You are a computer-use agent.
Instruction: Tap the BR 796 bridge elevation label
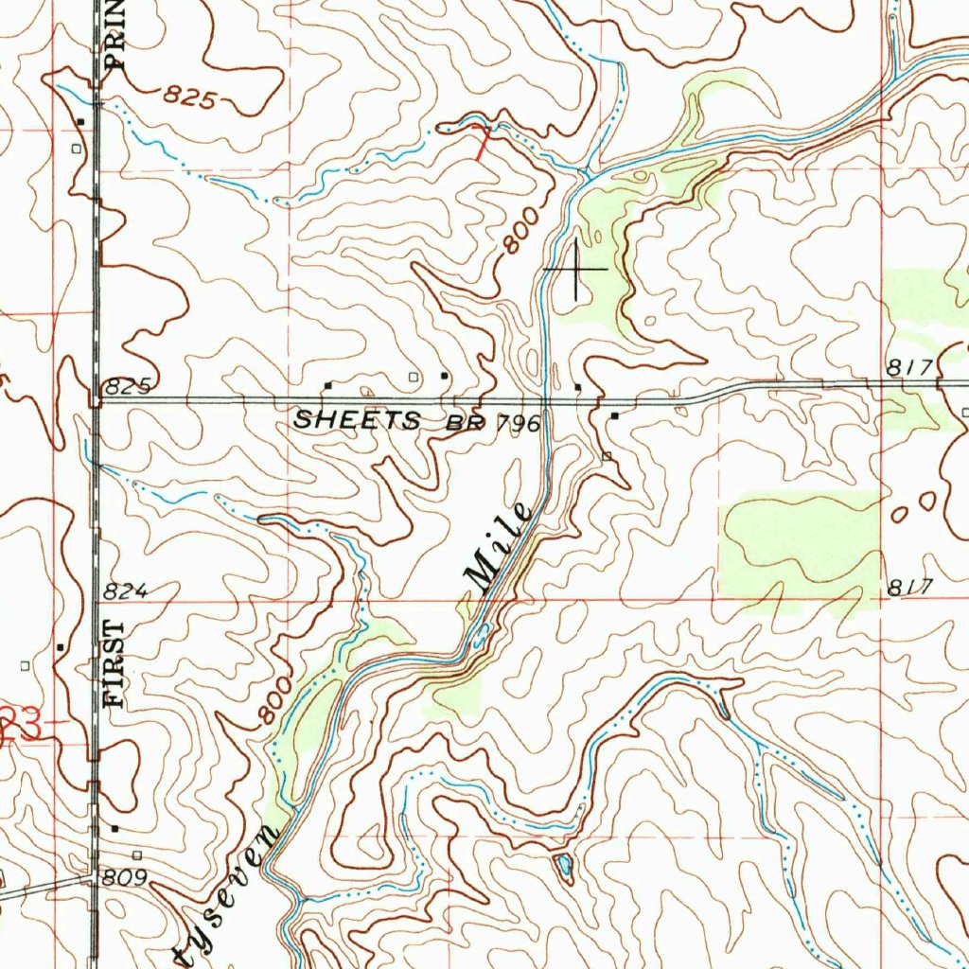click(494, 423)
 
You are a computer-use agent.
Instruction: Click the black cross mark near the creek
click(576, 270)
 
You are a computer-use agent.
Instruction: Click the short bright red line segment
click(483, 142)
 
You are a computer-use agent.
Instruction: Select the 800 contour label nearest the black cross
click(521, 231)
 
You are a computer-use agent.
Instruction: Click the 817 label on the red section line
click(911, 587)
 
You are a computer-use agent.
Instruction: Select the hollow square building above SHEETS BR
click(413, 377)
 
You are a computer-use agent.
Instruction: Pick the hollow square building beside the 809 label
click(137, 854)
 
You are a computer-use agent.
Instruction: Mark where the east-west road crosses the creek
click(546, 401)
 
